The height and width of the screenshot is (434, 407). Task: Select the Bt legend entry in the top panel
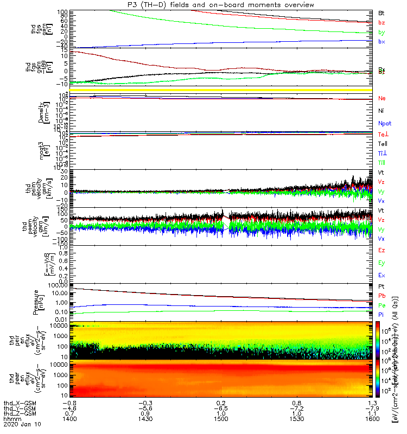click(x=381, y=12)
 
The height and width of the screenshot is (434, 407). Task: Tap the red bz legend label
click(x=381, y=22)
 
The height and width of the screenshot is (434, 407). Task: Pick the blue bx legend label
click(x=381, y=42)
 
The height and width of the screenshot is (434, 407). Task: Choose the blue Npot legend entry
click(x=384, y=124)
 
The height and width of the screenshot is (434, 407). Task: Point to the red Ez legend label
click(x=381, y=251)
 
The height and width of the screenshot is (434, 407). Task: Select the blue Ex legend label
click(x=381, y=276)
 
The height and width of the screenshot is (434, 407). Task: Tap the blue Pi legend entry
click(x=381, y=314)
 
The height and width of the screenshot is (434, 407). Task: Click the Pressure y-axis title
click(x=36, y=301)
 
